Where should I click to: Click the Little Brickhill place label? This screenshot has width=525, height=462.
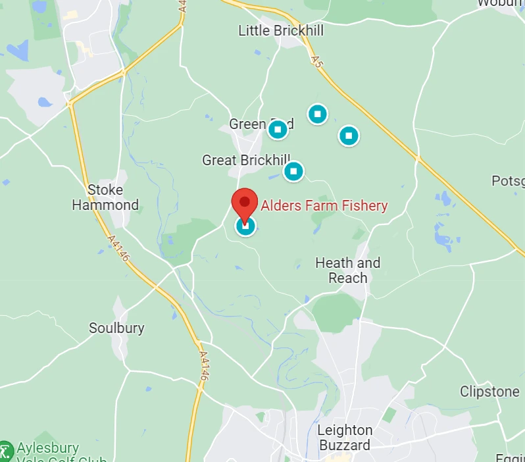click(281, 30)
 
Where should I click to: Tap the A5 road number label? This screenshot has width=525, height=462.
click(318, 63)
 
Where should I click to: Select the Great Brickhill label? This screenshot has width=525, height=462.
click(245, 160)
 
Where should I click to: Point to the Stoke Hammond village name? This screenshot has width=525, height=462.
click(105, 197)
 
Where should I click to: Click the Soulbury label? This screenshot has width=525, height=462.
click(116, 328)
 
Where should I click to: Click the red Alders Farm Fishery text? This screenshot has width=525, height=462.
click(324, 205)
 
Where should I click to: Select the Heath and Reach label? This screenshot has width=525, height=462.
click(348, 270)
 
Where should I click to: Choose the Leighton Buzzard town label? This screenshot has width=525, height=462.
click(345, 438)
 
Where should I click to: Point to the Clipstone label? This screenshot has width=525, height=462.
click(489, 392)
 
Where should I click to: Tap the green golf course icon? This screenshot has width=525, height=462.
click(5, 451)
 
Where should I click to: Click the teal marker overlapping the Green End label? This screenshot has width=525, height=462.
click(278, 129)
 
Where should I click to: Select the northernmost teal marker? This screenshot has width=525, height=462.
click(318, 114)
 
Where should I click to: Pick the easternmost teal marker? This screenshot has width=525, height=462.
click(349, 136)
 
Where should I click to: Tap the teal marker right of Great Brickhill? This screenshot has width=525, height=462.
click(293, 171)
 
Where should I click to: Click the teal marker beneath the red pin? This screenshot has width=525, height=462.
click(245, 227)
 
